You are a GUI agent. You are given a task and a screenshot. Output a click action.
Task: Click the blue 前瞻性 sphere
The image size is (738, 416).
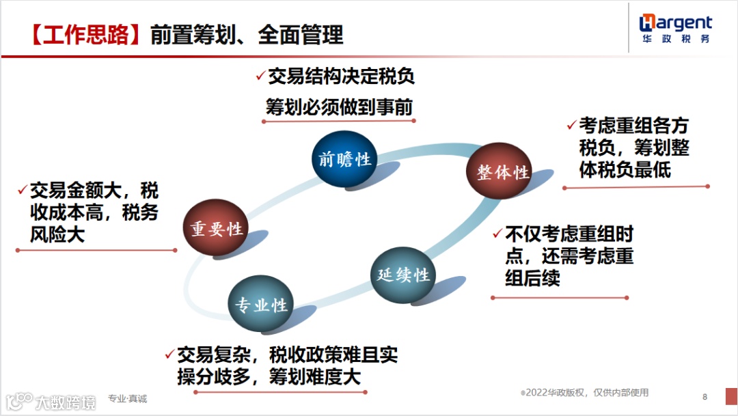(344, 159)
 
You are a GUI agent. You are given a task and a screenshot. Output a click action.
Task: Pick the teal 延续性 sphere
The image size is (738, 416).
(403, 275)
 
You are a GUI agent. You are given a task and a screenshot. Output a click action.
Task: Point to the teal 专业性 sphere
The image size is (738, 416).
(261, 305)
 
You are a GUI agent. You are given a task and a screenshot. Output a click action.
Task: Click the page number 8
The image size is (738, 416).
(705, 397)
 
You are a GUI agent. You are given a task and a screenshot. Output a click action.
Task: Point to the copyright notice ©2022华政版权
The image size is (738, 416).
(584, 393)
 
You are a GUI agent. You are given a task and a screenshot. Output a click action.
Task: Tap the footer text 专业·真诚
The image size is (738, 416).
(127, 398)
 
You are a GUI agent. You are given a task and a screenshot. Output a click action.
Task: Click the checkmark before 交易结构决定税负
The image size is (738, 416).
(260, 77)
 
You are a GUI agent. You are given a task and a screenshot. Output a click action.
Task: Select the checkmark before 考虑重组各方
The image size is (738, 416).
(571, 126)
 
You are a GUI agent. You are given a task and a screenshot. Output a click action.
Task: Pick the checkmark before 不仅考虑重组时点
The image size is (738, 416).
(497, 234)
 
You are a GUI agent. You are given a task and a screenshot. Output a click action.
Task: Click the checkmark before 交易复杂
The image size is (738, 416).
(169, 355)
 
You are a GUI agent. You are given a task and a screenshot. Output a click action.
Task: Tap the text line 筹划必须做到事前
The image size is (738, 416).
(340, 107)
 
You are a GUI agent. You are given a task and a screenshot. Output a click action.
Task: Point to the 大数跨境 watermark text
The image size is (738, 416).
(66, 402)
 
